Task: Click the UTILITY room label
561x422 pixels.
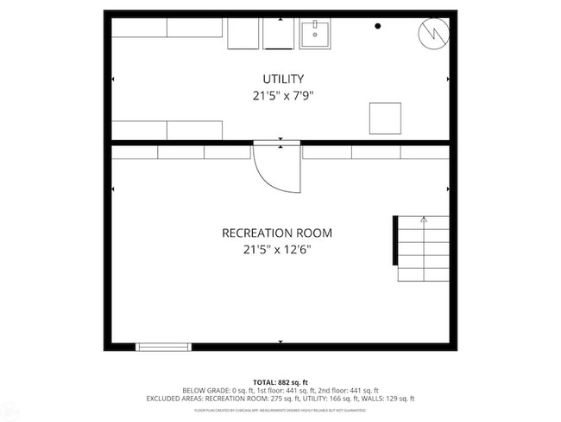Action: point(280,79)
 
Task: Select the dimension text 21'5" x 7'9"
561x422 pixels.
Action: point(280,96)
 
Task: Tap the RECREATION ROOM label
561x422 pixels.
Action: point(276,233)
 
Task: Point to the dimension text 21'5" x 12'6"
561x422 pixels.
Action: point(276,250)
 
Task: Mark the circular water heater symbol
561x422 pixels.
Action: point(434,34)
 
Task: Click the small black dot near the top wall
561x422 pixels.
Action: point(377,27)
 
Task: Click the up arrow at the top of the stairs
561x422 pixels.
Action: point(423,221)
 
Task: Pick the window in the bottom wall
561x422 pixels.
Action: point(163,347)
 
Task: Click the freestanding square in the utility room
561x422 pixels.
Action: point(385,118)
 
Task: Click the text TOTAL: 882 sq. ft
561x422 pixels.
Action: point(280,382)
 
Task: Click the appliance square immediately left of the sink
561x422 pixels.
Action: point(279,33)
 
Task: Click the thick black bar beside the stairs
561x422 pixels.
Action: point(395,241)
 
